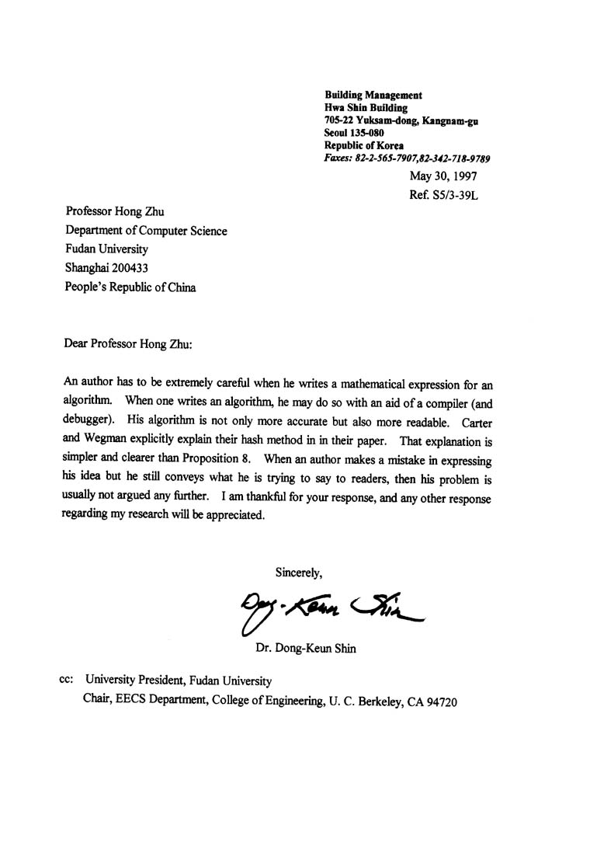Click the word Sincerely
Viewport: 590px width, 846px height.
point(299,573)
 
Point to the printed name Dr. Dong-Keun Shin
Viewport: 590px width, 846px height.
point(306,649)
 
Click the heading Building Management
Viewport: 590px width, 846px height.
point(373,95)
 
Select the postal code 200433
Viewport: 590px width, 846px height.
point(128,268)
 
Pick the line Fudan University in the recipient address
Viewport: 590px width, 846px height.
point(106,249)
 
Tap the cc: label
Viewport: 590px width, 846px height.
point(67,678)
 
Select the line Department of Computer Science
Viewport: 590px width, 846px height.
point(146,231)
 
